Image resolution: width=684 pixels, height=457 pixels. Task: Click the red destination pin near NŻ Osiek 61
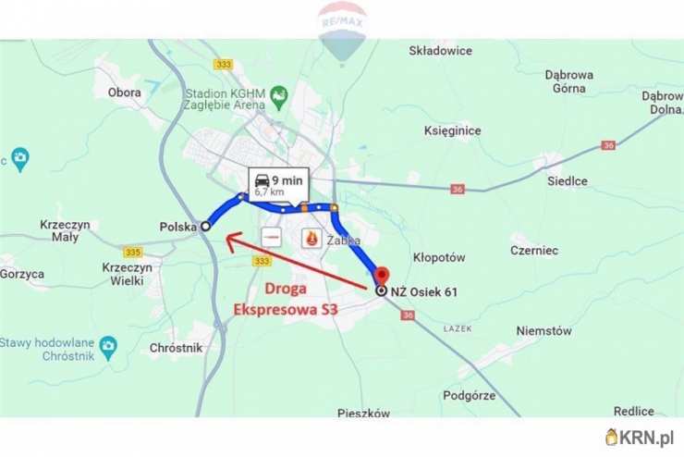click(x=381, y=274)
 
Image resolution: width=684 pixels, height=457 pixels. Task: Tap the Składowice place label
click(x=440, y=53)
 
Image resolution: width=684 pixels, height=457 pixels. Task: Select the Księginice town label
click(x=452, y=130)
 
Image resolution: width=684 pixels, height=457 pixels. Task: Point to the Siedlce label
click(x=567, y=181)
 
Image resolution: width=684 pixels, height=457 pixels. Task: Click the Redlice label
click(x=633, y=411)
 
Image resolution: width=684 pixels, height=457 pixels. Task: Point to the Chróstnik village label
click(x=176, y=348)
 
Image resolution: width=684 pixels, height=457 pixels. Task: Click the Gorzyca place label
click(x=22, y=274)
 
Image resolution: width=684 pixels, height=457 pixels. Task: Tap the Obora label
click(x=124, y=93)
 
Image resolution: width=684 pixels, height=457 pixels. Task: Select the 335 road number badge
click(x=132, y=252)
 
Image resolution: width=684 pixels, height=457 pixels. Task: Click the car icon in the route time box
click(x=263, y=179)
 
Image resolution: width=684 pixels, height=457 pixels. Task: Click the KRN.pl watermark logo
click(x=640, y=436)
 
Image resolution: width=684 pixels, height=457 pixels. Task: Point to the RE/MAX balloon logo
click(x=343, y=30)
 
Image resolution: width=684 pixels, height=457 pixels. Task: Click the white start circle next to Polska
click(x=205, y=226)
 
